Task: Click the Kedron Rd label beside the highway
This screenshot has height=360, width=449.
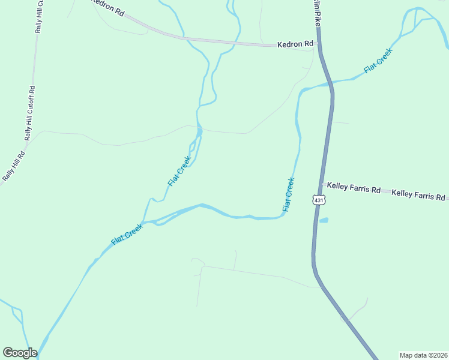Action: coord(295,44)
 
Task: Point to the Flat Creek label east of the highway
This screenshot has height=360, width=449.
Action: coord(378,62)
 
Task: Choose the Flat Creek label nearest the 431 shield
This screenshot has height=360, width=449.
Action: coord(289,194)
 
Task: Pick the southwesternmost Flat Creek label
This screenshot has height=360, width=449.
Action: coord(127,235)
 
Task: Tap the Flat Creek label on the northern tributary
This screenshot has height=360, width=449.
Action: coord(179,171)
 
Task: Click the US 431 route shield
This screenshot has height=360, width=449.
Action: coord(318,199)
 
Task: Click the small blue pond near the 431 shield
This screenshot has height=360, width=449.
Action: coord(324,220)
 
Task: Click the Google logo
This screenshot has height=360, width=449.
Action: coord(19,353)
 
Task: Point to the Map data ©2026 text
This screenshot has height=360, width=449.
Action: coord(423,355)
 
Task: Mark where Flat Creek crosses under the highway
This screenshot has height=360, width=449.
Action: coord(330,84)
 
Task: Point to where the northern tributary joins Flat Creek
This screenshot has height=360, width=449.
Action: coord(148,221)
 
